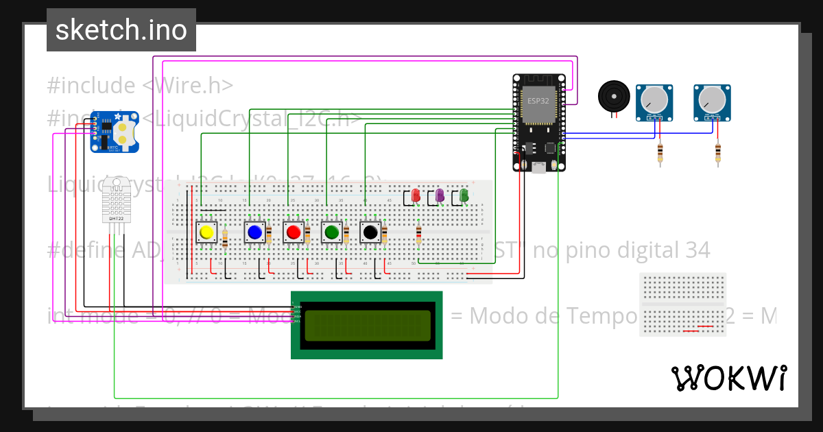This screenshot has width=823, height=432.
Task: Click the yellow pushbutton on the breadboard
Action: pos(206,232)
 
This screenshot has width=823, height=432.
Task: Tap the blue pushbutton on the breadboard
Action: pos(254,232)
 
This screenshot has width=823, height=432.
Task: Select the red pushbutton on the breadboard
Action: pos(294,232)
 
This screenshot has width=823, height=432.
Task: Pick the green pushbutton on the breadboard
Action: pos(332,232)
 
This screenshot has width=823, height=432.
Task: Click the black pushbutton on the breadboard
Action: pos(370,232)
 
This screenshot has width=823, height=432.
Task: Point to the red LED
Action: pos(416,195)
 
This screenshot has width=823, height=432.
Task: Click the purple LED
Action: pos(440,195)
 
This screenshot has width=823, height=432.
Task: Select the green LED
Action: pos(464,195)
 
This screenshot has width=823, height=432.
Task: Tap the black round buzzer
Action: pos(612,96)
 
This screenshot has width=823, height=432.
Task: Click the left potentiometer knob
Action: pos(655,101)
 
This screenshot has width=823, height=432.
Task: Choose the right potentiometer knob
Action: pos(713,101)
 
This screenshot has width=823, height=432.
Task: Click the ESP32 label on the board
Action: pos(538,100)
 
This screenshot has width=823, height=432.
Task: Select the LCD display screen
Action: pos(367,325)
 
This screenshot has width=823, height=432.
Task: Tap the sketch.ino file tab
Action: pos(121,30)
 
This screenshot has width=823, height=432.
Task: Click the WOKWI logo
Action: pos(728,378)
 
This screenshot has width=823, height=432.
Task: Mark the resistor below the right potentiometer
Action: pos(718,154)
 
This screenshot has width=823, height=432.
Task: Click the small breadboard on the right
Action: pos(683,304)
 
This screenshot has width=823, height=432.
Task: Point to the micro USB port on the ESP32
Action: pos(538,166)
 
